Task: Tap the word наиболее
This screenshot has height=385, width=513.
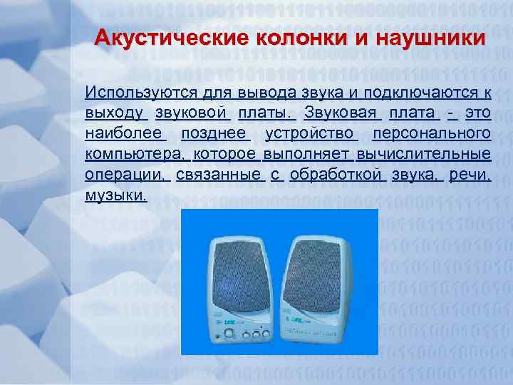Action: point(125,133)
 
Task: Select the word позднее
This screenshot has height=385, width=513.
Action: point(215,133)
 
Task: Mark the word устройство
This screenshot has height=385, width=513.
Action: point(311,133)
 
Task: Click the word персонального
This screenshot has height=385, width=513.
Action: point(431,133)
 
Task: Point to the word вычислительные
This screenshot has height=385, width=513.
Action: point(424,154)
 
